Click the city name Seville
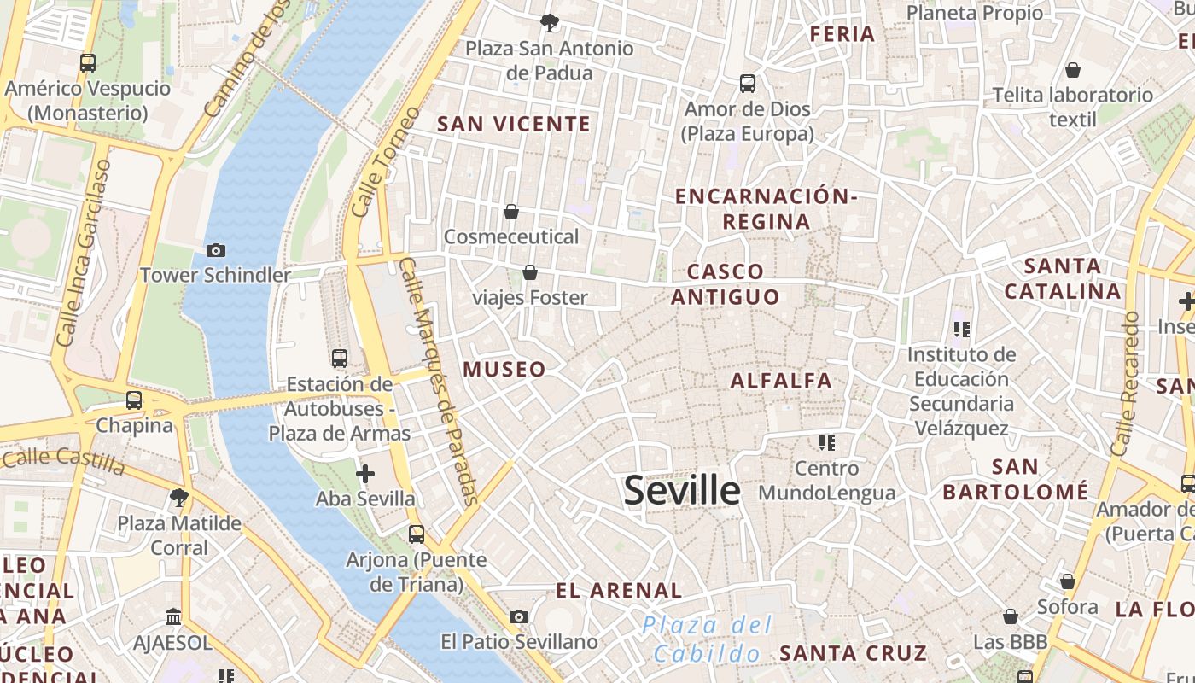click(682, 491)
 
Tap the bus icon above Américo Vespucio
click(88, 63)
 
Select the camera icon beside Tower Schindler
click(216, 250)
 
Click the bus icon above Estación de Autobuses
click(340, 359)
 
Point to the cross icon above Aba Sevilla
click(365, 474)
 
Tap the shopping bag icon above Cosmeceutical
click(511, 212)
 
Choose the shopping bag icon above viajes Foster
click(530, 273)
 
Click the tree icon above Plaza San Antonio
click(549, 23)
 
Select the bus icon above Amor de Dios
click(748, 84)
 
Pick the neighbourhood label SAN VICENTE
click(514, 125)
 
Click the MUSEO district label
click(504, 370)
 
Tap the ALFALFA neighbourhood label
click(781, 381)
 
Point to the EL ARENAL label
click(619, 591)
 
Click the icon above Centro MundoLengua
click(826, 443)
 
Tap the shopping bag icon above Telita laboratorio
click(1073, 70)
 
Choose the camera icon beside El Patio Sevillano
click(518, 616)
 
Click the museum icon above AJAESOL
click(174, 616)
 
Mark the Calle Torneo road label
click(386, 161)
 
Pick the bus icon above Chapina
click(134, 400)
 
